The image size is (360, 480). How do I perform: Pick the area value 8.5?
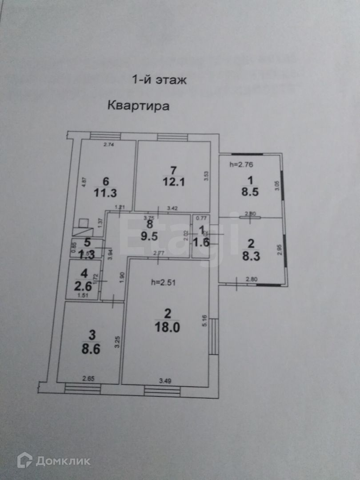249,192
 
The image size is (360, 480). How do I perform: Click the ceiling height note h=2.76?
241,164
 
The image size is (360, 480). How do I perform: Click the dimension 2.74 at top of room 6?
109,144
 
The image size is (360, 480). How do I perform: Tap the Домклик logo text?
62,461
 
